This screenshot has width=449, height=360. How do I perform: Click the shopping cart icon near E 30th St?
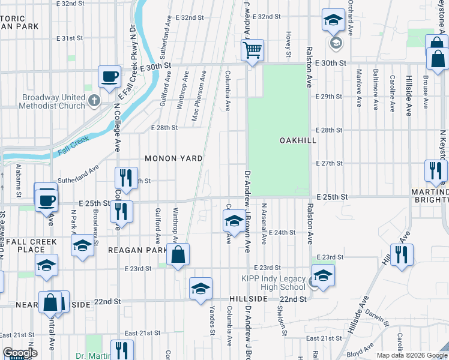(253, 50)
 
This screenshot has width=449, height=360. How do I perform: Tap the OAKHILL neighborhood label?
(298, 140)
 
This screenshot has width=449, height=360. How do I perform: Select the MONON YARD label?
(173, 158)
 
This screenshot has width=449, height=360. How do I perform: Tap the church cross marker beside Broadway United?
(93, 100)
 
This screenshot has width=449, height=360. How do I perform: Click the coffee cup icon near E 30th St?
(109, 77)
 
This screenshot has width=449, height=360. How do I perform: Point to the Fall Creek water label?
(73, 146)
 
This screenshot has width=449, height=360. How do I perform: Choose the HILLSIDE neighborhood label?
(248, 299)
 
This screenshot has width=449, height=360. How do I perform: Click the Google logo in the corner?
(19, 353)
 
